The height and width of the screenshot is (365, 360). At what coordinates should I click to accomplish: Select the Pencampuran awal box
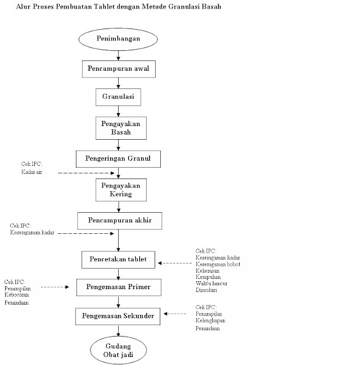[x=118, y=70]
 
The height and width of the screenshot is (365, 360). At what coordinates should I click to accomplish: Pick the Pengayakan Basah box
[x=118, y=128]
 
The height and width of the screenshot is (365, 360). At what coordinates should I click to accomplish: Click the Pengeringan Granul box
[x=118, y=159]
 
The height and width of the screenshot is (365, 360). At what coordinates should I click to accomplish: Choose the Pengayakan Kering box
[x=118, y=190]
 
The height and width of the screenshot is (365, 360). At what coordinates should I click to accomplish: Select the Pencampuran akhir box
[x=118, y=220]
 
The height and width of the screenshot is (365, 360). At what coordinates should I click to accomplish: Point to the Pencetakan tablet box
[x=118, y=259]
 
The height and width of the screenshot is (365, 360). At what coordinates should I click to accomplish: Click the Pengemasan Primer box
[x=118, y=287]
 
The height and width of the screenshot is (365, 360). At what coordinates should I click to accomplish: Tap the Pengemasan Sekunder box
[x=118, y=315]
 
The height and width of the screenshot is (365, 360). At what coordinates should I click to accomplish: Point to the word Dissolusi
[x=207, y=290]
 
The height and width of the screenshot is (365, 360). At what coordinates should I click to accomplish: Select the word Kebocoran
[x=18, y=295]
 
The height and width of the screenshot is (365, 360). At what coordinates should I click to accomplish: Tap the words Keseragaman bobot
[x=218, y=264]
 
